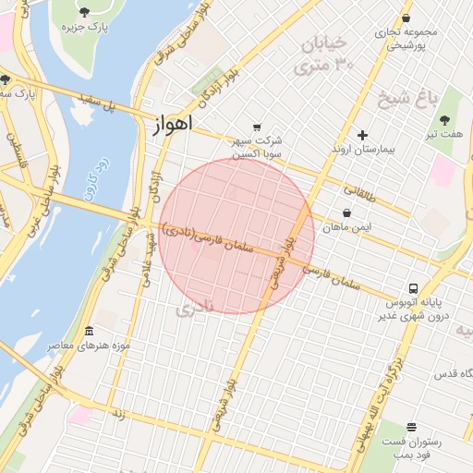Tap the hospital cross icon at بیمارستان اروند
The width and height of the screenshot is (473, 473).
362,135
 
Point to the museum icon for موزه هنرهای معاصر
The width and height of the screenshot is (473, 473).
89,332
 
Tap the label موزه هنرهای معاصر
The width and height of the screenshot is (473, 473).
89,346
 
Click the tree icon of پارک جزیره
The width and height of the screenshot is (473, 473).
85,12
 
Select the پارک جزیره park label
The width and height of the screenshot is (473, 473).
84,27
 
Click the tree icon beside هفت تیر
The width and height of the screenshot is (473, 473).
444,120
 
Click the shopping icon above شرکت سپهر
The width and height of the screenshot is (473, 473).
257,127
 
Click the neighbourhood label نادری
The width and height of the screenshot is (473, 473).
195,306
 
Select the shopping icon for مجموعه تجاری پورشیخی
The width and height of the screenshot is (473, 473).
406,18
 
